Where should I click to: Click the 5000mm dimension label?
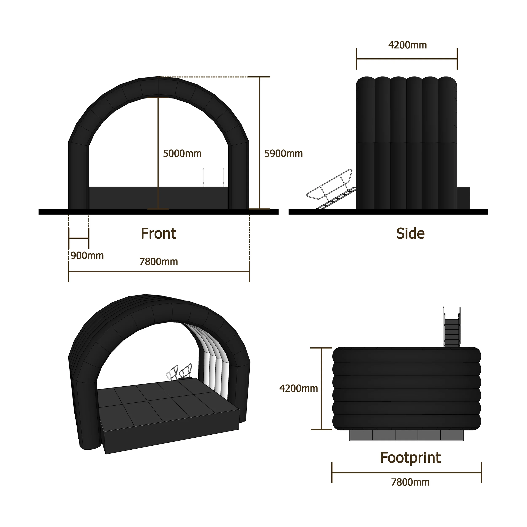[x=182, y=154]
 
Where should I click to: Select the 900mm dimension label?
[x=87, y=256]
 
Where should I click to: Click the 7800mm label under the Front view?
[x=159, y=262]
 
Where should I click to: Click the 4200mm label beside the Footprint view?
[x=298, y=389]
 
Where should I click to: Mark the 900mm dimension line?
[x=79, y=238]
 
